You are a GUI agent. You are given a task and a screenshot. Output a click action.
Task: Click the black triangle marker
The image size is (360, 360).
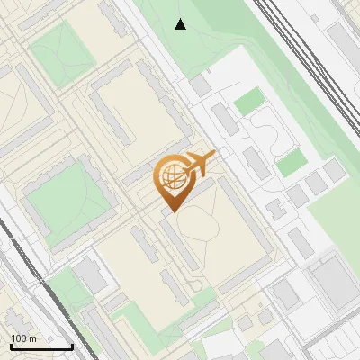[181, 24]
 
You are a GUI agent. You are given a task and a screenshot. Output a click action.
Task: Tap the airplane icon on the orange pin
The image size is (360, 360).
[200, 162]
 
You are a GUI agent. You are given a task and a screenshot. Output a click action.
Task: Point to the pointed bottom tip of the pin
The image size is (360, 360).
[171, 211]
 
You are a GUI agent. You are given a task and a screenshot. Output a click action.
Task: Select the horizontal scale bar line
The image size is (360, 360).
[40, 346]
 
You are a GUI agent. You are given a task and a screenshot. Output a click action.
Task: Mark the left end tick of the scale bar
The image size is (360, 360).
[10, 345]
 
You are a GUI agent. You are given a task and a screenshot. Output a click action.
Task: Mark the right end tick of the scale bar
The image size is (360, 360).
[72, 345]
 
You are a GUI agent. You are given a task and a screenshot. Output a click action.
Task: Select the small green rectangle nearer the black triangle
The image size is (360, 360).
[247, 102]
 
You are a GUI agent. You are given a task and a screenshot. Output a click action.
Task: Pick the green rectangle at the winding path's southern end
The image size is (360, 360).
[292, 164]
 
